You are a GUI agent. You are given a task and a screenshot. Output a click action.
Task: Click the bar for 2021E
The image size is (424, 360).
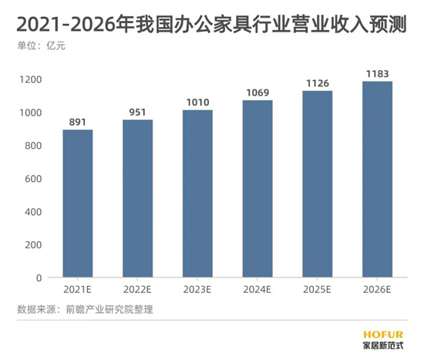[x=78, y=204]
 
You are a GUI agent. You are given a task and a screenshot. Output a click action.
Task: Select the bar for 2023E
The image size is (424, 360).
[x=197, y=193]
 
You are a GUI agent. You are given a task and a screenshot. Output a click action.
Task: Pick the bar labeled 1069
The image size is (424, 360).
[x=257, y=189]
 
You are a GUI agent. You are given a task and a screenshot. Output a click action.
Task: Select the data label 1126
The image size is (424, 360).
[x=317, y=82]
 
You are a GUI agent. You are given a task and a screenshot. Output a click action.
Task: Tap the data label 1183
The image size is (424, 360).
[x=377, y=72]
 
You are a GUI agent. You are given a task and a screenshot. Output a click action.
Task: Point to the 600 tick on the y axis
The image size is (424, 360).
[x=32, y=179]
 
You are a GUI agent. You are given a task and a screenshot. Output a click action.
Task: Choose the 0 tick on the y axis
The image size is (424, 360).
[x=37, y=278]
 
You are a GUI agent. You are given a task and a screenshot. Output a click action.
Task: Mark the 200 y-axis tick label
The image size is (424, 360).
[x=32, y=244]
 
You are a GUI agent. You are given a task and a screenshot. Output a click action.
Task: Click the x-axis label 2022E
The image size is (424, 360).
[x=137, y=291]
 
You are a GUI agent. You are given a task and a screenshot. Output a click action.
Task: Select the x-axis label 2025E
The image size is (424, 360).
[x=317, y=291]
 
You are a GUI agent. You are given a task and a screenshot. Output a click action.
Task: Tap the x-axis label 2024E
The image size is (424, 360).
[x=257, y=291]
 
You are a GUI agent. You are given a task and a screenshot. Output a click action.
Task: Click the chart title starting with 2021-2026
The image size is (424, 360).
[x=211, y=21]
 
